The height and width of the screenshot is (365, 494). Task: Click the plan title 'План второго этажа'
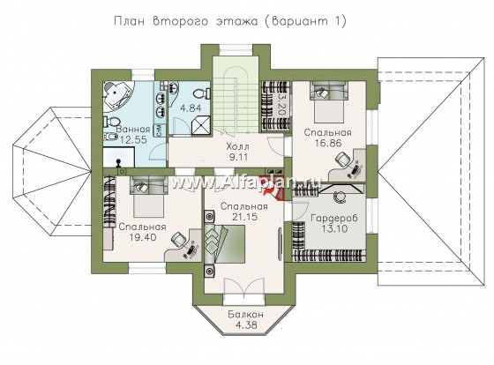tap(185, 21)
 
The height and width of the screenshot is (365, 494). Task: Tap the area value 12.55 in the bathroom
tap(132, 139)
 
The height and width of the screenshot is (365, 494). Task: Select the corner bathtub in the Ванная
tap(119, 97)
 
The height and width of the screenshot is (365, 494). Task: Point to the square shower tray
tap(200, 125)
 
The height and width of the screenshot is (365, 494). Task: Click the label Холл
tap(237, 146)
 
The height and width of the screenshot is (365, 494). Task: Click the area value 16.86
tap(328, 144)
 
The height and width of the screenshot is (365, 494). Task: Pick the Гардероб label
tap(334, 219)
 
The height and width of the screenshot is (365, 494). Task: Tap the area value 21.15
tap(244, 217)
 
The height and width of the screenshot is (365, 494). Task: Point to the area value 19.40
tap(142, 237)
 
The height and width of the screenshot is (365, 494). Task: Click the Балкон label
tap(246, 314)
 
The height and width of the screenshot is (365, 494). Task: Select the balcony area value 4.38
tap(246, 324)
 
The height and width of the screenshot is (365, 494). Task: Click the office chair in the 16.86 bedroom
tap(343, 159)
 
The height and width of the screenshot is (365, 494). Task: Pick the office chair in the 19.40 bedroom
tap(178, 240)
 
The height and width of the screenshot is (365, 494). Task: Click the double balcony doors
tap(244, 287)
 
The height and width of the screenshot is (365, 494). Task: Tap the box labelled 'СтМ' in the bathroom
tap(159, 130)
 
